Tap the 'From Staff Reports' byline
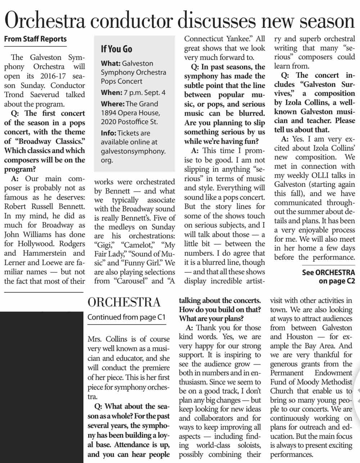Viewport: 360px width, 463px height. point(35,39)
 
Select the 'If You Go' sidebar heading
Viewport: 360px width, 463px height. point(116,49)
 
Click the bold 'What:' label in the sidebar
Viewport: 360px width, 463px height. point(111,63)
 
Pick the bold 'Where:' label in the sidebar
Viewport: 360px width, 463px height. point(112,104)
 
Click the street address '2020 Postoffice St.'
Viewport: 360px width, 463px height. point(129,122)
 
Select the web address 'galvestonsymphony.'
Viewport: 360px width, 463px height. point(133,151)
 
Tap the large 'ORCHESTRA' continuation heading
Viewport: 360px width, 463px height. point(124,302)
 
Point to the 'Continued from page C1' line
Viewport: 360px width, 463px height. point(126,317)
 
